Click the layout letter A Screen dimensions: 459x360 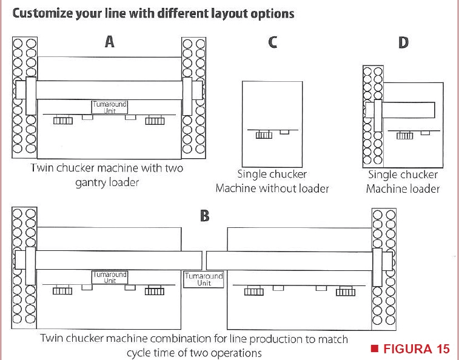pyautogui.click(x=110, y=42)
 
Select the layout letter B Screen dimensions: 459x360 pyautogui.click(x=204, y=216)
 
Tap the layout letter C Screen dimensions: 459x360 pyautogui.click(x=272, y=42)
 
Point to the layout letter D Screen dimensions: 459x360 pyautogui.click(x=403, y=43)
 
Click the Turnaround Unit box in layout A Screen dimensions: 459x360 pyautogui.click(x=110, y=107)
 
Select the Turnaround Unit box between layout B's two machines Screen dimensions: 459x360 pyautogui.click(x=204, y=279)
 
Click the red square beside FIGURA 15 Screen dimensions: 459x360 pyautogui.click(x=374, y=348)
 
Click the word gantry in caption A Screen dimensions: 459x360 pyautogui.click(x=91, y=183)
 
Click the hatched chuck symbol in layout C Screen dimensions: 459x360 pyautogui.click(x=264, y=135)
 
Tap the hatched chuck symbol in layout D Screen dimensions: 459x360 pyautogui.click(x=405, y=136)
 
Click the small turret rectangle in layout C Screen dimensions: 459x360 pyautogui.click(x=284, y=132)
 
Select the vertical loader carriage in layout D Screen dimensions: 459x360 pyautogui.click(x=378, y=116)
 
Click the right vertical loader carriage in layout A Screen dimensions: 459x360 pyautogui.click(x=187, y=96)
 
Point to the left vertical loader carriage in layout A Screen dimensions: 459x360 pyautogui.click(x=31, y=96)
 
